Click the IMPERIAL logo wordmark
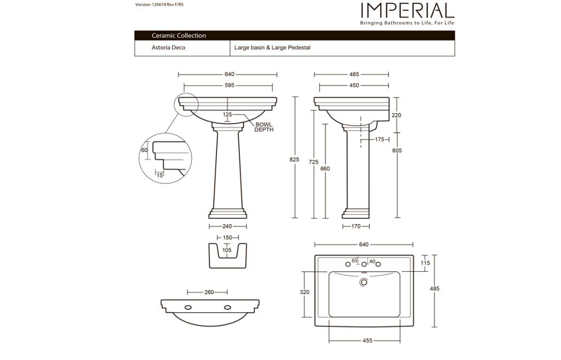(x=408, y=10)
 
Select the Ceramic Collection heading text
(x=179, y=36)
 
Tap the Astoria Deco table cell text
(x=169, y=48)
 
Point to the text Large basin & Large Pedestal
(x=272, y=48)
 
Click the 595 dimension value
(x=230, y=85)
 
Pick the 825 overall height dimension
(x=294, y=159)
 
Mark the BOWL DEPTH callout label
(x=264, y=127)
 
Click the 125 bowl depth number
(x=227, y=115)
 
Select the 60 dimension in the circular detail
(x=144, y=150)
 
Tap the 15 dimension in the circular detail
(x=160, y=175)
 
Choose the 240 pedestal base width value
(x=227, y=226)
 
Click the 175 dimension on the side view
(x=380, y=139)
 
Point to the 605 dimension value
(x=397, y=151)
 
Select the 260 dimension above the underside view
(x=209, y=293)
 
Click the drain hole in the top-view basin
(x=364, y=282)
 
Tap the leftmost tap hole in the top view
(x=348, y=265)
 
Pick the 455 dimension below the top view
(x=368, y=341)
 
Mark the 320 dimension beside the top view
(x=305, y=292)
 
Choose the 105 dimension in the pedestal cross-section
(x=227, y=250)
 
